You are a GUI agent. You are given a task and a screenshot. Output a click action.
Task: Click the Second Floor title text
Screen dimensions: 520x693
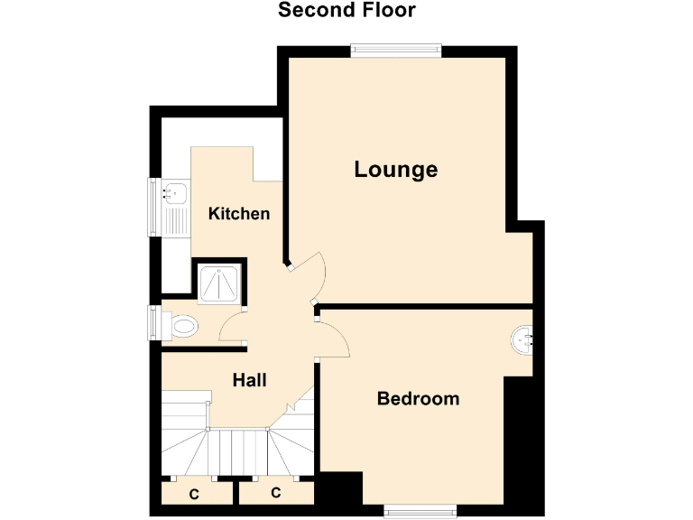click(x=346, y=11)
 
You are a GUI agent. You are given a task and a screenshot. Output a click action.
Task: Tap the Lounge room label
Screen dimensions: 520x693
click(x=395, y=169)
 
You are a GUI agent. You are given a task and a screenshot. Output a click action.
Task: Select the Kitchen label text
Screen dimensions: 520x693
click(x=239, y=214)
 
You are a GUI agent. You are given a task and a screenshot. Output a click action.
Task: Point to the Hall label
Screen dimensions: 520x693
click(x=249, y=381)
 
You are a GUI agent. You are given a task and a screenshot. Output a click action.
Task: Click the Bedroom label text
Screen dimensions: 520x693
click(x=418, y=398)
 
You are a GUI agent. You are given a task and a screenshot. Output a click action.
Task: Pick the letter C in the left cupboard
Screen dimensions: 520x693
click(x=194, y=494)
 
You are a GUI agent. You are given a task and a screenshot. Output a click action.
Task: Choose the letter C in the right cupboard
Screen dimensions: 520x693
click(x=275, y=493)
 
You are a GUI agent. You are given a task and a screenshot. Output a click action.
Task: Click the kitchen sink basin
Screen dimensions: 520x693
click(x=176, y=192)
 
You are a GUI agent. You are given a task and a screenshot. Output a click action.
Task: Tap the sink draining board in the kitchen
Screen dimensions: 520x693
click(x=176, y=222)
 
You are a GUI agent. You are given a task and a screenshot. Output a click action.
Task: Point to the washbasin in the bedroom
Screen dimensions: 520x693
click(x=523, y=340)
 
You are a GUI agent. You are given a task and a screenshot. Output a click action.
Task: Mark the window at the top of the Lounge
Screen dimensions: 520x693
click(x=396, y=51)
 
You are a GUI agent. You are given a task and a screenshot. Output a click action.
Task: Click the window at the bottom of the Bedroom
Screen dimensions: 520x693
click(x=420, y=511)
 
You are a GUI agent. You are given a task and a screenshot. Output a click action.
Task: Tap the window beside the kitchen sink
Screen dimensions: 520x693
click(x=153, y=208)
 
